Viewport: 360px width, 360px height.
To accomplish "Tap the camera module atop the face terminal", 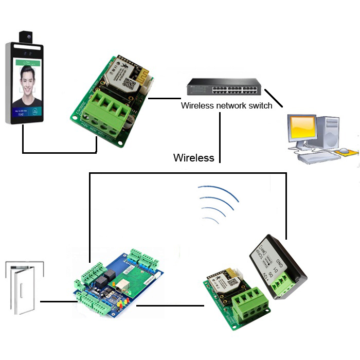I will pos(26,37).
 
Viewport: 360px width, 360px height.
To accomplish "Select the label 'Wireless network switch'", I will pos(219,105).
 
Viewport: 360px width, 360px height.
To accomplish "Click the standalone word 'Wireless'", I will pos(193,158).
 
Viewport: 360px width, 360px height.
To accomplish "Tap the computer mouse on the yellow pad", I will pos(344,151).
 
